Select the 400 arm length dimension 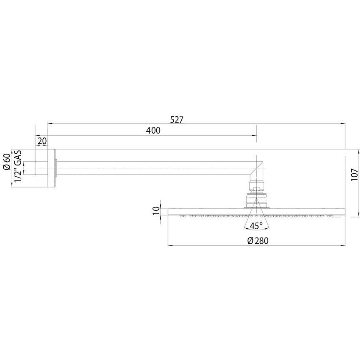(153, 131)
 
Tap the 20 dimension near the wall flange (42, 141)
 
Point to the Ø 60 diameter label (7, 162)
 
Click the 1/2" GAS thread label (18, 165)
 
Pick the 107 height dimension (354, 174)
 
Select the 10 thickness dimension (156, 210)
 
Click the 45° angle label (256, 226)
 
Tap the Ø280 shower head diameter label (257, 240)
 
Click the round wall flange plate (52, 168)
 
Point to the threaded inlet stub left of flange (41, 168)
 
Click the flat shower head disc (256, 211)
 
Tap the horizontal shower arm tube (154, 168)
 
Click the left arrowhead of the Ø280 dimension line (170, 245)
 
